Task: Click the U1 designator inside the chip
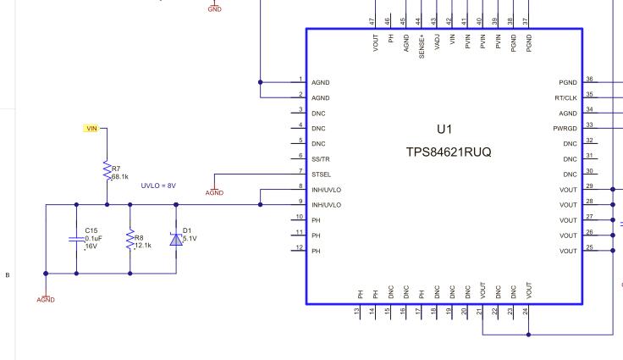coord(444,130)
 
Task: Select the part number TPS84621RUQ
coord(448,152)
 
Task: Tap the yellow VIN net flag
coord(91,128)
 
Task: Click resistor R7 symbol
coord(107,171)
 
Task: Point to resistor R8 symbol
coord(130,240)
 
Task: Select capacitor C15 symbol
coord(76,239)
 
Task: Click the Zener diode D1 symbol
coord(176,239)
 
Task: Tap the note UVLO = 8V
coord(158,186)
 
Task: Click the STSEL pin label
coord(321,174)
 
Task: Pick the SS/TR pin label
coord(321,159)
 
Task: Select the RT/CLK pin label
coord(565,98)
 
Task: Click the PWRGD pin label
coord(565,129)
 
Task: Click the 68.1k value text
coord(120,176)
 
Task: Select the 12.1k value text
coord(143,246)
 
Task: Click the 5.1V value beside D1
coord(190,239)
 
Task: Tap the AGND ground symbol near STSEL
coord(215,190)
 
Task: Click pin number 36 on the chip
coord(589,79)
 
